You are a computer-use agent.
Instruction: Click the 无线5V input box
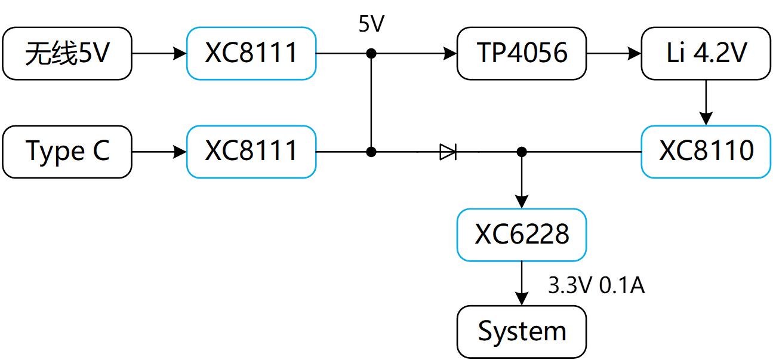(x=67, y=54)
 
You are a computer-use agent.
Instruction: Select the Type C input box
(x=67, y=152)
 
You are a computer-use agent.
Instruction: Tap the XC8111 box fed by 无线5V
(x=251, y=54)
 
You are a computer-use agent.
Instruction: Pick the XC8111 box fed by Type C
(x=251, y=152)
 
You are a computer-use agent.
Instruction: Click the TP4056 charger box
(x=522, y=54)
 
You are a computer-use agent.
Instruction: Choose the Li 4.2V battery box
(x=706, y=54)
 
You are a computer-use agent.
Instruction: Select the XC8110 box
(x=706, y=152)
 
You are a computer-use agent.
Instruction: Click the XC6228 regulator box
(x=522, y=235)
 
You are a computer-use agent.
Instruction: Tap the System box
(x=522, y=331)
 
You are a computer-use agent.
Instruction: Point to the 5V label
(x=371, y=24)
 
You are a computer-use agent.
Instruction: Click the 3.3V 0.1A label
(x=596, y=286)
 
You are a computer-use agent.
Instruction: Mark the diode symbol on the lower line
(x=448, y=152)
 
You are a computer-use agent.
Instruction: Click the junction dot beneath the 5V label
(x=371, y=54)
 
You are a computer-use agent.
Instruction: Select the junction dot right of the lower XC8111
(x=371, y=152)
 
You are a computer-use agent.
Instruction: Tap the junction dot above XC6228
(x=522, y=152)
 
